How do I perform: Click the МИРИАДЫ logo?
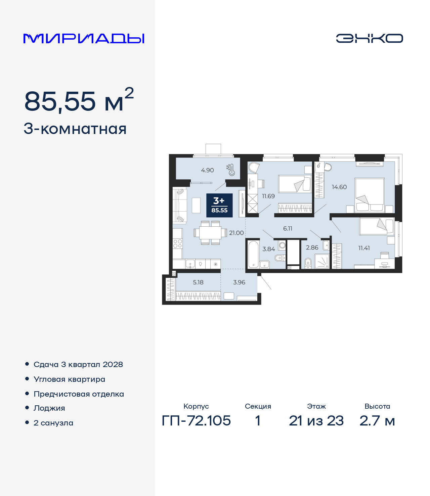point(84,39)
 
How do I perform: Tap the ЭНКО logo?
point(369,38)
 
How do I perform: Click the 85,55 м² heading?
point(79,100)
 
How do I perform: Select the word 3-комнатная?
point(75,129)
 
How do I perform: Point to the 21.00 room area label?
point(236,233)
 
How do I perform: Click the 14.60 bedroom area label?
point(339,187)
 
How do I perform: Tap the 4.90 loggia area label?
point(207,170)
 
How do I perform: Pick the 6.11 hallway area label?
point(288,228)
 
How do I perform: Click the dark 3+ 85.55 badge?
point(219,205)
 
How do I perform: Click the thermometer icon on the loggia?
point(231,170)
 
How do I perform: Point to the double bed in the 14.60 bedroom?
point(370,195)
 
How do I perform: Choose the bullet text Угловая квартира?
point(70,379)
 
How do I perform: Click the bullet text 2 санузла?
point(53,423)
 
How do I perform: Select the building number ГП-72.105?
point(196,420)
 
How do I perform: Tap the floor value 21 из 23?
point(316,420)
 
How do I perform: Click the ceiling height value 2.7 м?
point(377,420)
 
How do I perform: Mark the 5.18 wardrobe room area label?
point(198,282)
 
